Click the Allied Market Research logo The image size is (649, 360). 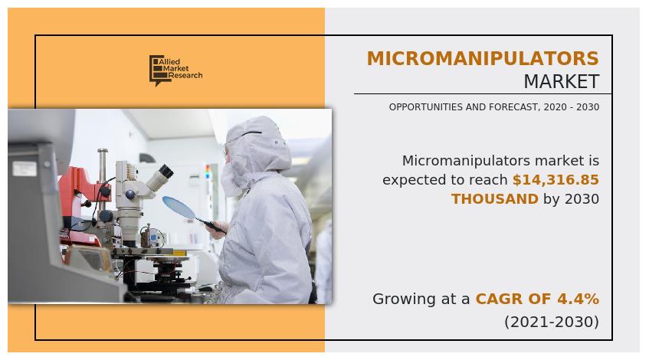coord(176,70)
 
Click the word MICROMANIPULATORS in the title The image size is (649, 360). coord(483,58)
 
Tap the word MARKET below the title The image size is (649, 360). coord(561,81)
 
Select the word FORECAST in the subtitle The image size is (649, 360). coord(514,107)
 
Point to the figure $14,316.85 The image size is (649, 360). coord(556,179)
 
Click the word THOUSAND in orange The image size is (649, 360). coord(495,199)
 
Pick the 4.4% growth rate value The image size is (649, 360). coord(578,299)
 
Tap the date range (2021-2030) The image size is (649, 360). coord(552,322)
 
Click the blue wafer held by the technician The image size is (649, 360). coord(179,207)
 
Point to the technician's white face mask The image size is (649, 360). coord(231,181)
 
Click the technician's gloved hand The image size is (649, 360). coord(218,230)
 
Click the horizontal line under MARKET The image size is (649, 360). coord(483,94)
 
